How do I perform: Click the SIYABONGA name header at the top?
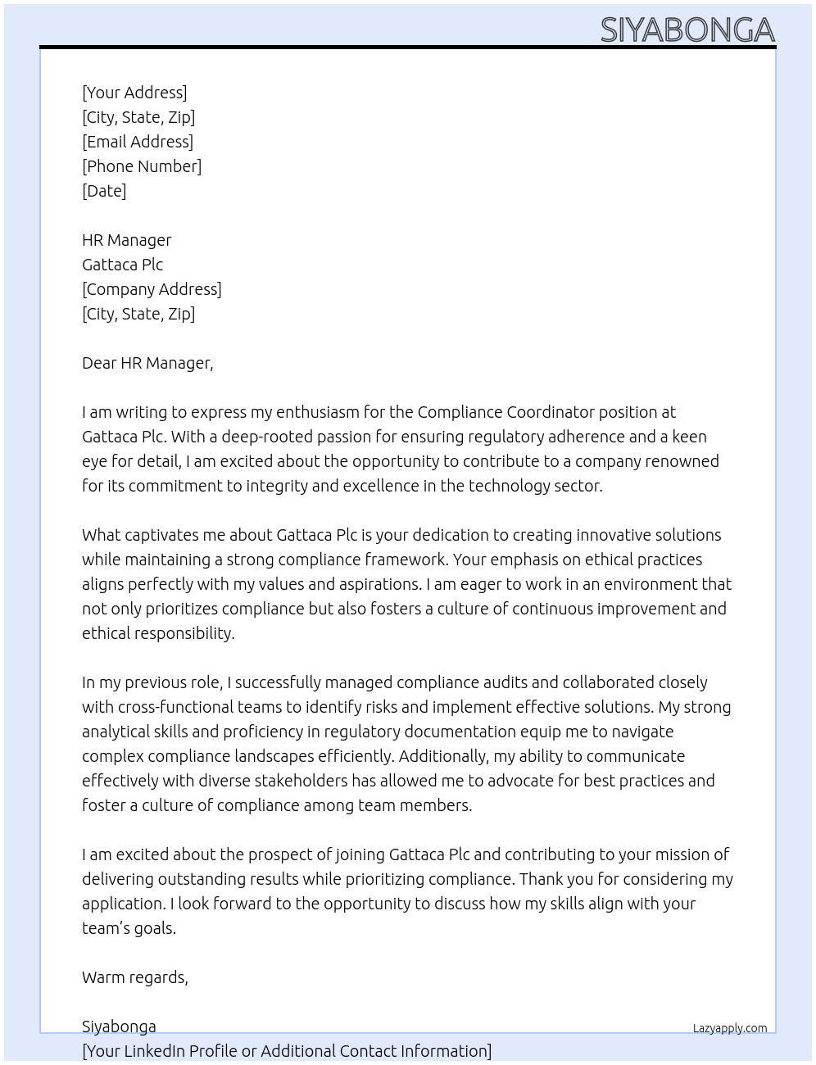click(x=687, y=30)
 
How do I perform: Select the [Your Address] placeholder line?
click(x=134, y=93)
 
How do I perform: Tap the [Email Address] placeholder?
click(x=138, y=142)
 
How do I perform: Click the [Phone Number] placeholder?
click(x=142, y=166)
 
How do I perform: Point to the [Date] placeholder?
click(x=104, y=191)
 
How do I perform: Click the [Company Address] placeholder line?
click(x=152, y=289)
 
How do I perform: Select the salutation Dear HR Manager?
click(x=147, y=363)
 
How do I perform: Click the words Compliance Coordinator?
click(x=505, y=412)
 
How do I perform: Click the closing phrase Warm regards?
click(x=135, y=977)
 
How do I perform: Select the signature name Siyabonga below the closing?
click(x=119, y=1026)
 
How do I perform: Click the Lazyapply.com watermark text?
click(x=730, y=1028)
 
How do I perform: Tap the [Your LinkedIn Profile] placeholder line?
click(x=287, y=1051)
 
